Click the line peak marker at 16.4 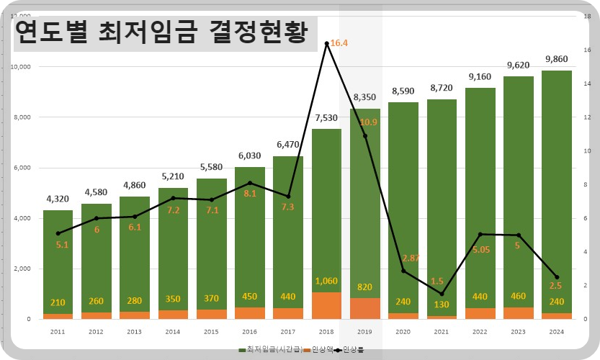click(x=326, y=44)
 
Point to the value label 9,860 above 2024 click(x=558, y=60)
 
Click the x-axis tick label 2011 click(x=57, y=332)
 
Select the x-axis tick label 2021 click(x=442, y=332)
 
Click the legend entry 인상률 click(x=353, y=349)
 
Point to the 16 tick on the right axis click(x=588, y=50)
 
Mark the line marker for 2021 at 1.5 click(x=442, y=294)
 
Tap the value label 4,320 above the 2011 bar click(x=57, y=199)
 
